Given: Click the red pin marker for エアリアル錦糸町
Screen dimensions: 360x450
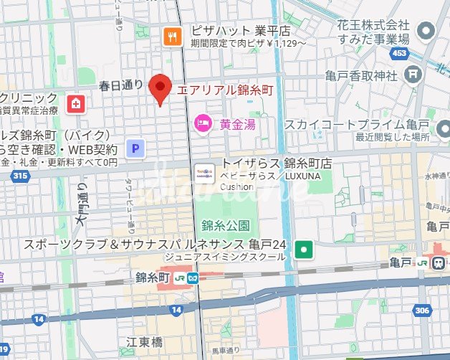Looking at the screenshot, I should [x=160, y=87].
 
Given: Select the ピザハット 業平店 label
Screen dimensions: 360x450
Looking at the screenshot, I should [x=240, y=32].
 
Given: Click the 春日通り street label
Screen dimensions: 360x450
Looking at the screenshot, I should [x=121, y=85].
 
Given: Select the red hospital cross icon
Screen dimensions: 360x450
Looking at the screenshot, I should [x=74, y=105].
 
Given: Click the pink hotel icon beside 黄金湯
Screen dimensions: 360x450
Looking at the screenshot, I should [x=204, y=123].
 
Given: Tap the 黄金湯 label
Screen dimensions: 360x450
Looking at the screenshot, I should [x=238, y=123].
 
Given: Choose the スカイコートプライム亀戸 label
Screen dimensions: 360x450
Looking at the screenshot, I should [x=356, y=124].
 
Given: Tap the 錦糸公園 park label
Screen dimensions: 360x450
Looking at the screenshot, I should [x=226, y=224].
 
